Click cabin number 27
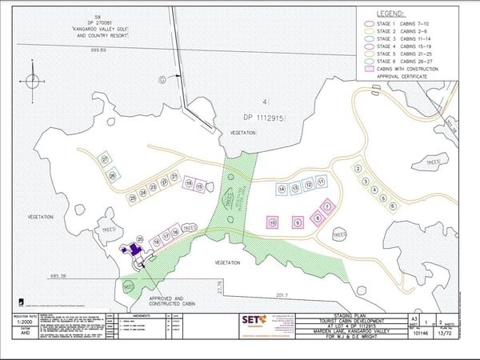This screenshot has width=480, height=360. (105, 160)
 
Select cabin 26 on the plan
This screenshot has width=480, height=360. (113, 175)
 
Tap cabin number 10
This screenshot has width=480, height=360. (273, 222)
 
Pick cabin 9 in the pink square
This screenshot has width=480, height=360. (298, 222)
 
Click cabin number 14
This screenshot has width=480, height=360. (282, 190)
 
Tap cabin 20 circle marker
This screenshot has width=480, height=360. (139, 238)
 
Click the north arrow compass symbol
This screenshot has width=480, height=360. (31, 82)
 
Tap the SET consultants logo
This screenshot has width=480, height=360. (250, 320)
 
